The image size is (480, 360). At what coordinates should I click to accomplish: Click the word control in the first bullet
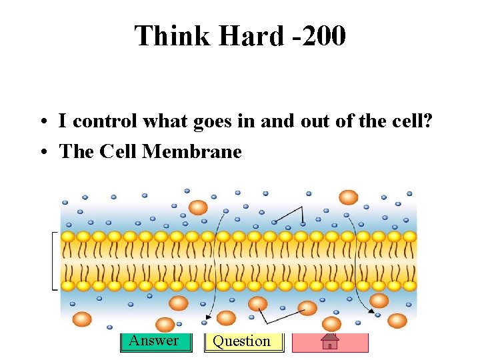pyautogui.click(x=111, y=121)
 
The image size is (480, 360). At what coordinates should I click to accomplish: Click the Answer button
pyautogui.click(x=154, y=341)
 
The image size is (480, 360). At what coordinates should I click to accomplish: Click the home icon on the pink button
pyautogui.click(x=330, y=342)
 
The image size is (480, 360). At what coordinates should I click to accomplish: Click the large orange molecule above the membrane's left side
pyautogui.click(x=198, y=207)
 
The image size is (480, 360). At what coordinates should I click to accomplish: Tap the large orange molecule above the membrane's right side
pyautogui.click(x=348, y=197)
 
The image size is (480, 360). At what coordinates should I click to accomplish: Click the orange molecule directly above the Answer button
pyautogui.click(x=165, y=325)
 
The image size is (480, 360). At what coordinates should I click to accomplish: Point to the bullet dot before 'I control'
pyautogui.click(x=42, y=122)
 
